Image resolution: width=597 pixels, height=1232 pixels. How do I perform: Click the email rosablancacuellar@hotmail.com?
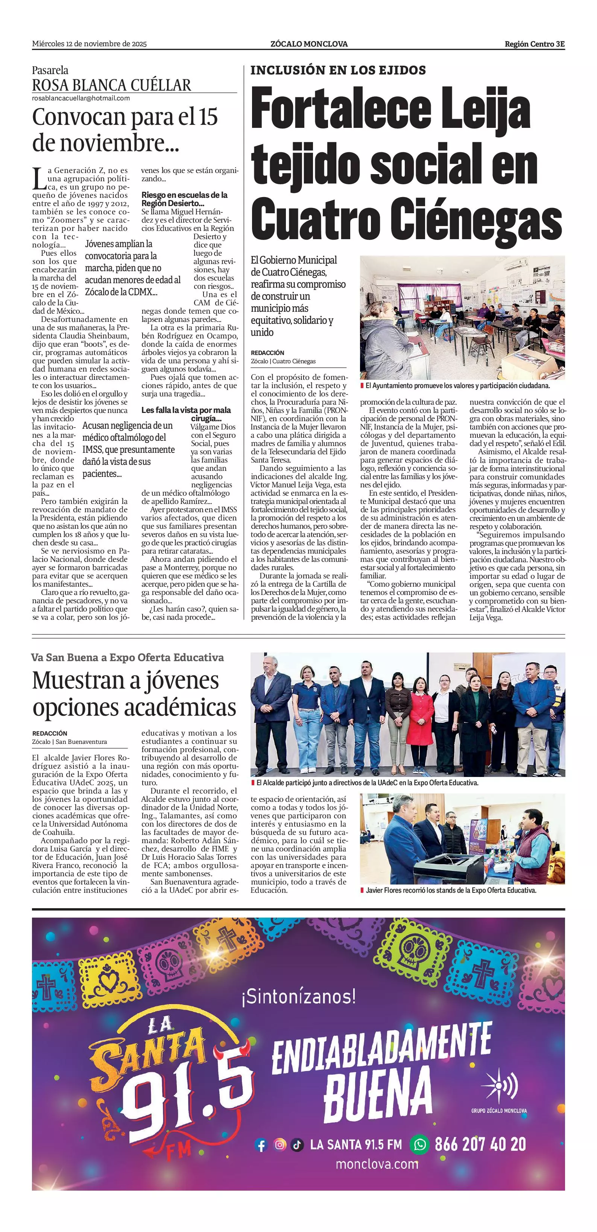tap(81, 98)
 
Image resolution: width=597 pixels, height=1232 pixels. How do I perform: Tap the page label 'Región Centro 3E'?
tap(534, 44)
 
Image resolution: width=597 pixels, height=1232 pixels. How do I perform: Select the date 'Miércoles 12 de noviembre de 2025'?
tap(90, 44)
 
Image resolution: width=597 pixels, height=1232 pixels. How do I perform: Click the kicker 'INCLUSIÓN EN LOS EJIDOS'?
tap(338, 70)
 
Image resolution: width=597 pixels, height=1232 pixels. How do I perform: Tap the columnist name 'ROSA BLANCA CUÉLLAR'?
tap(111, 85)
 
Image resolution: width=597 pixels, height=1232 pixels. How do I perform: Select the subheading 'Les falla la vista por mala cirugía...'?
tap(186, 414)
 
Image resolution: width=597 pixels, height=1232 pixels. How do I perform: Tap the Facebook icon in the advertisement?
tap(261, 1145)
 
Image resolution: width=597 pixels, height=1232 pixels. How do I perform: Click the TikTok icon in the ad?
tap(297, 1145)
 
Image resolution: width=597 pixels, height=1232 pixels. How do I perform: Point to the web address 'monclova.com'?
tap(377, 1164)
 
